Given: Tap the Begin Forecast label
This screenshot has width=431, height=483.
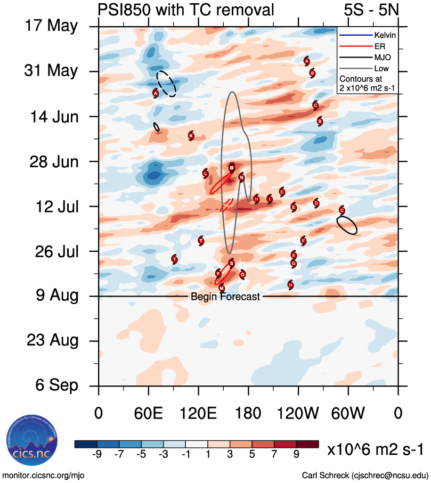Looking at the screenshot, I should coord(225,297).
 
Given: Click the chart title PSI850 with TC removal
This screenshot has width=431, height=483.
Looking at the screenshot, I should coord(186,10).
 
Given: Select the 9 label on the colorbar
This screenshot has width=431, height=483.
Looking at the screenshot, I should coord(295,454).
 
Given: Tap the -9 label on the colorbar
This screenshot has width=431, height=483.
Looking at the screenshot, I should coord(97,454).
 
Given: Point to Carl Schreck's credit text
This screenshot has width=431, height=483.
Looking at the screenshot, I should coord(365,475).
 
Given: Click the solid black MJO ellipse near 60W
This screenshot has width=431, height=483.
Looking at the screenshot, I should coord(347,225).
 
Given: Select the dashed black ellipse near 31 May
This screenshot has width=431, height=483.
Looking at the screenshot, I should coord(166,84).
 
